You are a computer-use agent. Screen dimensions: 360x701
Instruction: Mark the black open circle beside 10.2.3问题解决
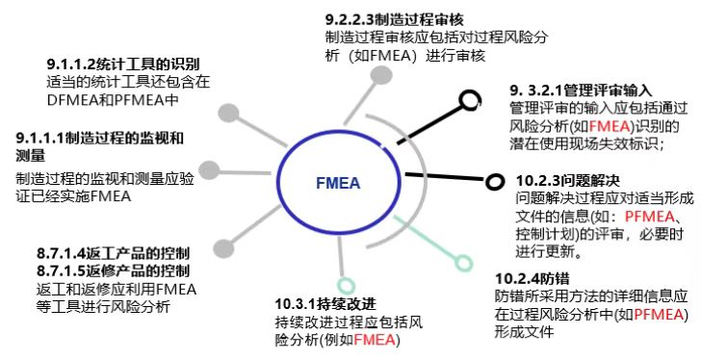[496, 181]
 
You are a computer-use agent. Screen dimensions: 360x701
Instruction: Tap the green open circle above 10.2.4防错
[464, 262]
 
